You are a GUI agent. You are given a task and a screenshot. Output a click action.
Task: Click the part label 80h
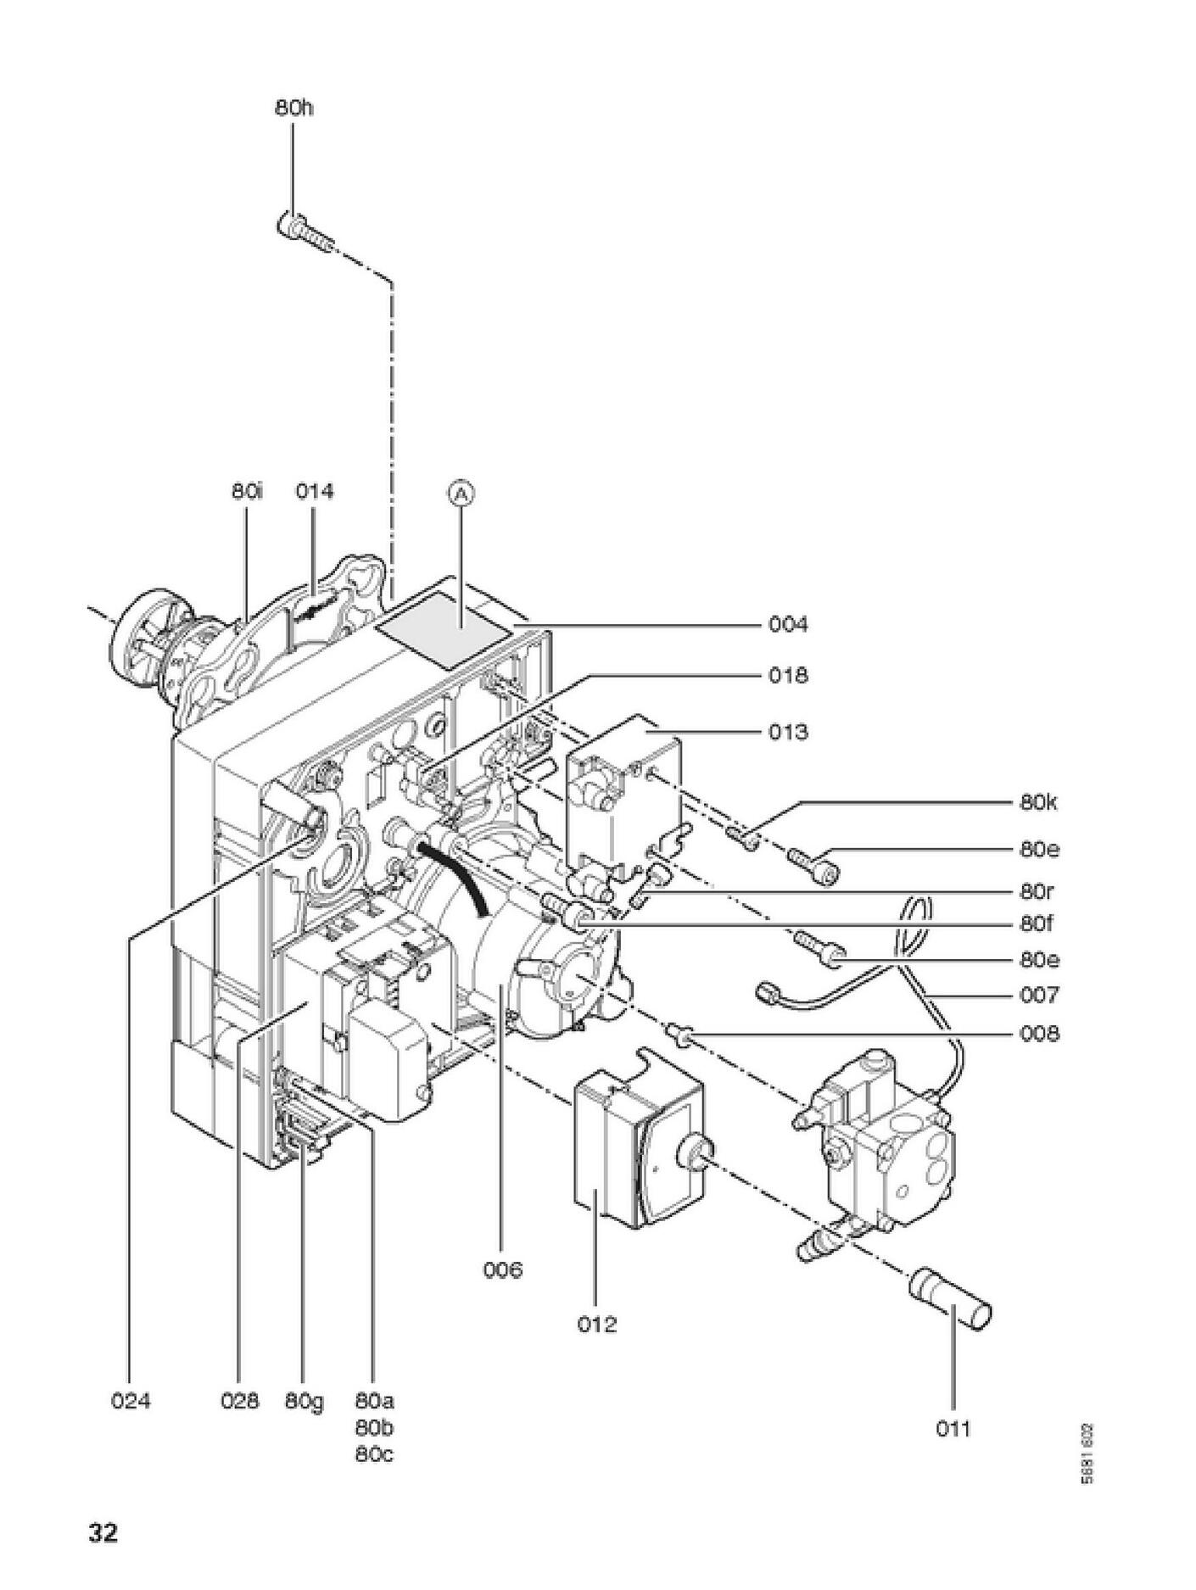point(293,109)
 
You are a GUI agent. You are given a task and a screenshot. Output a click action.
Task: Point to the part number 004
point(788,625)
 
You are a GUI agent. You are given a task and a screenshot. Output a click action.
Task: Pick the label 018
point(788,676)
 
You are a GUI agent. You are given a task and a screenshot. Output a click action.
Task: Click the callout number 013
point(788,732)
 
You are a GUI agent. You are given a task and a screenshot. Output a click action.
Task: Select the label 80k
point(1038,802)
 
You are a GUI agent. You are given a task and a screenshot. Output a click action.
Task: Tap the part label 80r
point(1037,892)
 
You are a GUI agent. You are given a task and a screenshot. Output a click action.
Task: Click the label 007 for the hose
point(1038,994)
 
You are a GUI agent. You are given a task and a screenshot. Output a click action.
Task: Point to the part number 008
point(1038,1034)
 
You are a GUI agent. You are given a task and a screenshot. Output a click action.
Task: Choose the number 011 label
point(953,1429)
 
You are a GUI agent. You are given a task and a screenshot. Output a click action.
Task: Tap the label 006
point(503,1270)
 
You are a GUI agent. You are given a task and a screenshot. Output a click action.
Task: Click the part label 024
point(131,1401)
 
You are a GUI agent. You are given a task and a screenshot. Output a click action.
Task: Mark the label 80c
point(374,1454)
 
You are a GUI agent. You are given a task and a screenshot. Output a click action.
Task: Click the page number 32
point(103,1533)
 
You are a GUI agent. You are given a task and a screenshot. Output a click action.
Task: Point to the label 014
point(315,491)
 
